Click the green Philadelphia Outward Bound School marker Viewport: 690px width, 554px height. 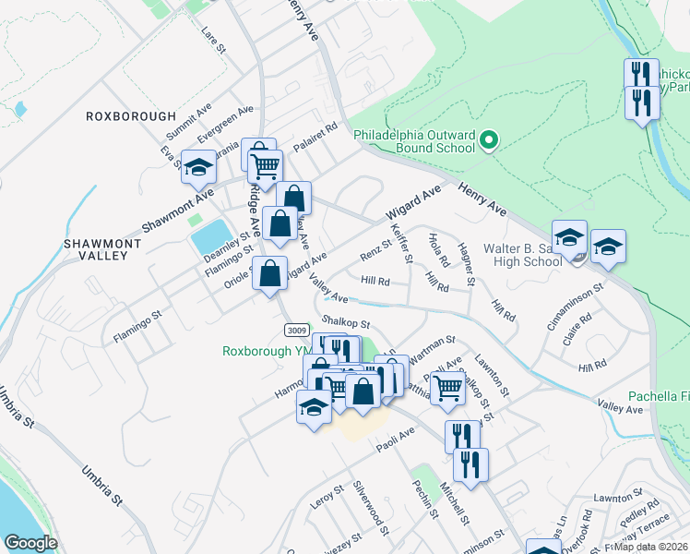point(489,141)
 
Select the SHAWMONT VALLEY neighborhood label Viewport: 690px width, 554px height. point(102,251)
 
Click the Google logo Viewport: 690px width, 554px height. point(30,543)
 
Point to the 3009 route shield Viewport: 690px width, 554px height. point(296,331)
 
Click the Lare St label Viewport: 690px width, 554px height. point(213,40)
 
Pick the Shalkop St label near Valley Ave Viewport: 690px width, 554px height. point(345,322)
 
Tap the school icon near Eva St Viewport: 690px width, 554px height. point(198,167)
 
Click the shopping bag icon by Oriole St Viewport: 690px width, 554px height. point(269,274)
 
